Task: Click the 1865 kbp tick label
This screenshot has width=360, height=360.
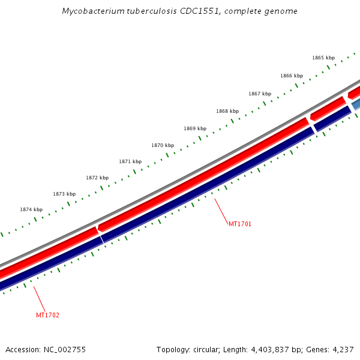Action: pyautogui.click(x=323, y=58)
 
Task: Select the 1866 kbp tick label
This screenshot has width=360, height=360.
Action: pyautogui.click(x=291, y=76)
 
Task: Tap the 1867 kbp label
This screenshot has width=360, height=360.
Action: pyautogui.click(x=260, y=94)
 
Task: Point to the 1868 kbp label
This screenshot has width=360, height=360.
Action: pyautogui.click(x=227, y=111)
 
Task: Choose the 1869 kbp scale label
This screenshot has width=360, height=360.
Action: pyautogui.click(x=195, y=128)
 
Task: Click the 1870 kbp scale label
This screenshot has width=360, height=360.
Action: pyautogui.click(x=163, y=145)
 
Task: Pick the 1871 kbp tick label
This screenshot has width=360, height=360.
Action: pyautogui.click(x=130, y=161)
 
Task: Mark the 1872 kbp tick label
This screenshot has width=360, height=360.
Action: pyautogui.click(x=97, y=178)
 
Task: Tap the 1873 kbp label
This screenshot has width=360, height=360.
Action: pyautogui.click(x=64, y=194)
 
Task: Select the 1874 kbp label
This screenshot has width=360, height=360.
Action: pyautogui.click(x=31, y=209)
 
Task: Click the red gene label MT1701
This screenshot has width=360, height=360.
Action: pyautogui.click(x=240, y=224)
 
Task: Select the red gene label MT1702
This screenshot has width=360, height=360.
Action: pyautogui.click(x=47, y=315)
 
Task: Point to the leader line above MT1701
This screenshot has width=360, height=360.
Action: pyautogui.click(x=221, y=211)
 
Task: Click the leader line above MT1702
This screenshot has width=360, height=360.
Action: pyautogui.click(x=38, y=298)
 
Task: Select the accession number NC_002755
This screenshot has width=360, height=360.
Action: pyautogui.click(x=64, y=349)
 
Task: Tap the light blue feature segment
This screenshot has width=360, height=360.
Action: pyautogui.click(x=356, y=105)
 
